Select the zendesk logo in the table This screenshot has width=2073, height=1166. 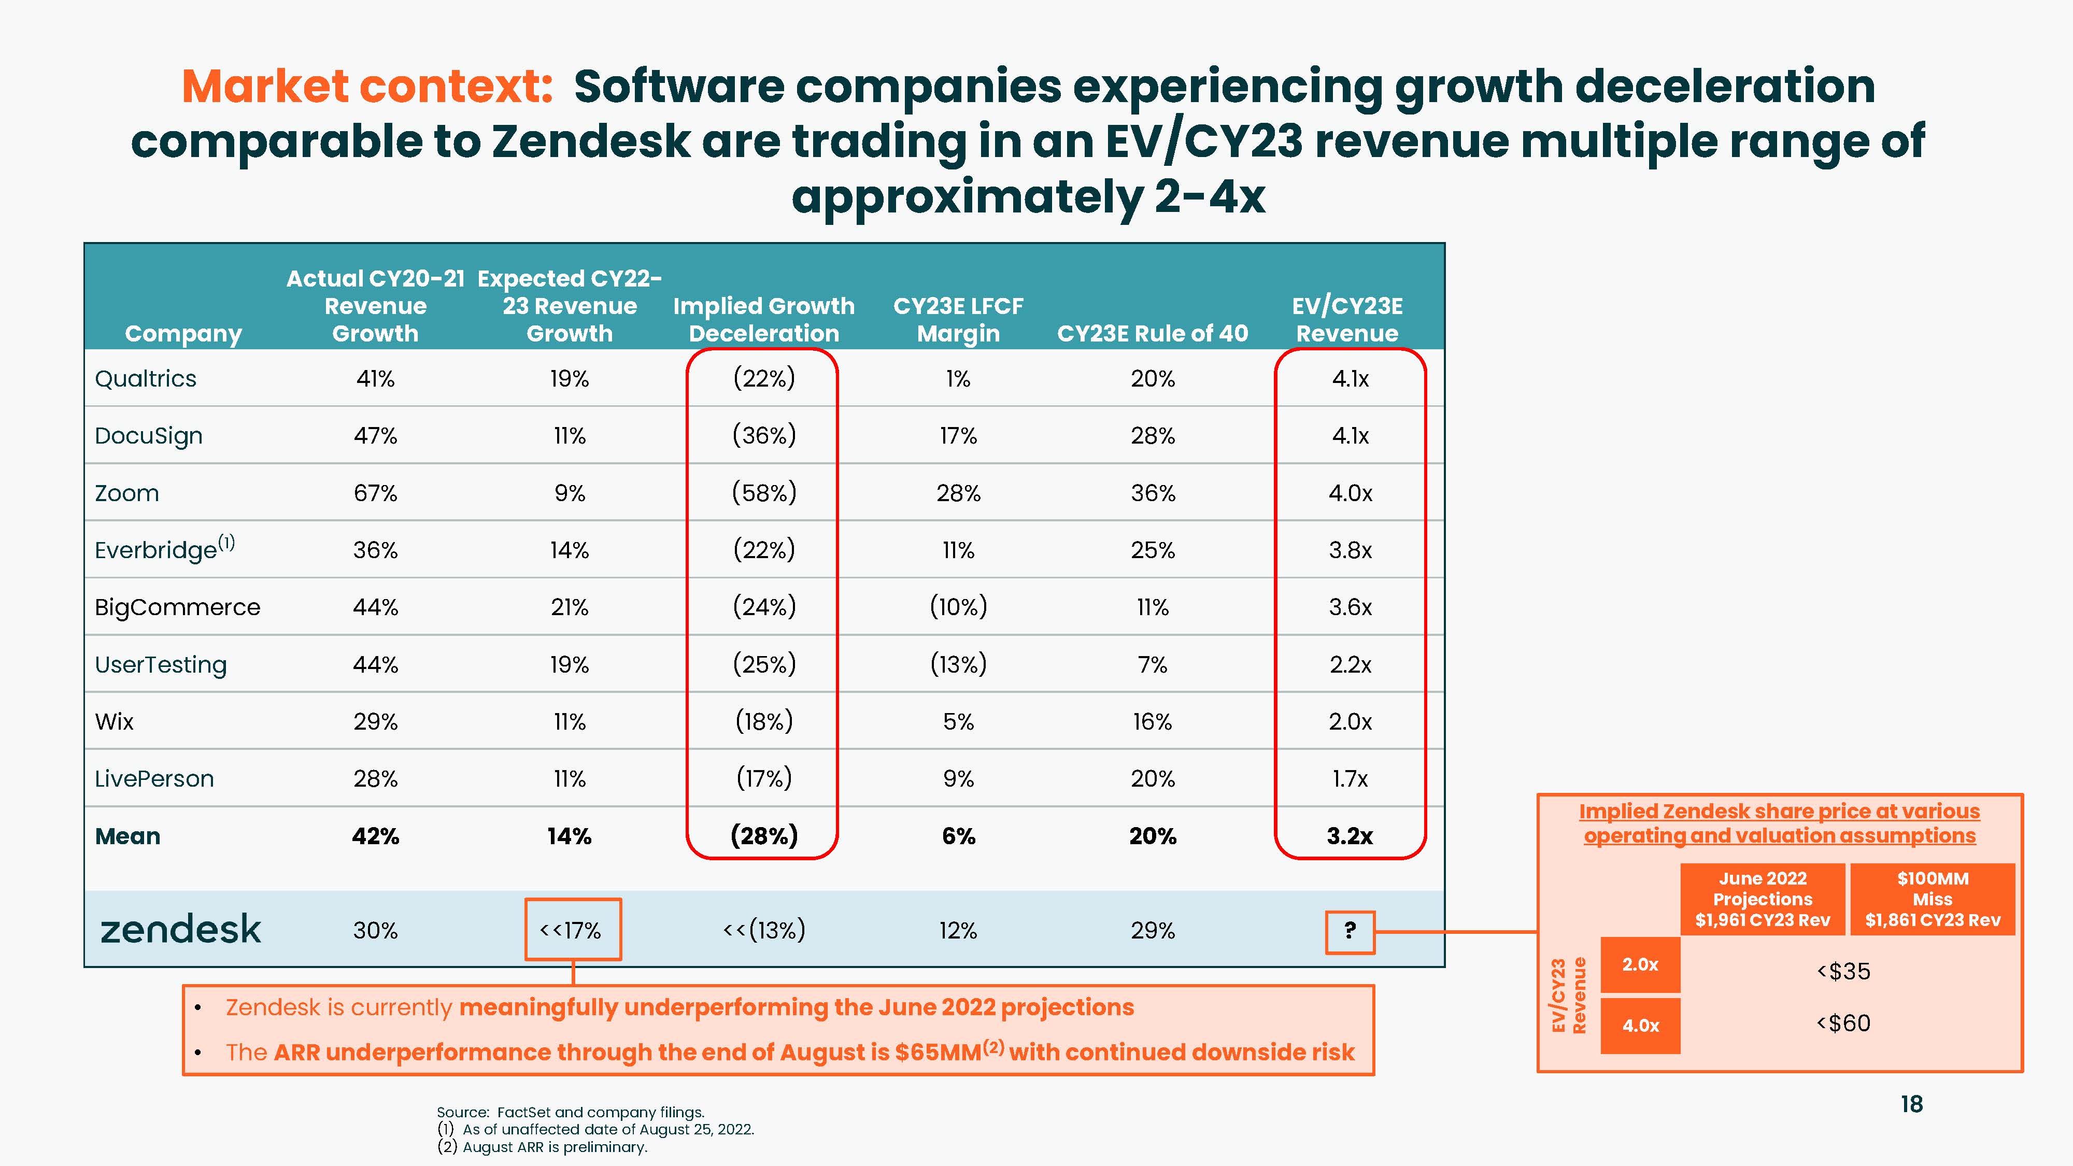point(180,929)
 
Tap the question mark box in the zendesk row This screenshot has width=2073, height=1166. point(1350,931)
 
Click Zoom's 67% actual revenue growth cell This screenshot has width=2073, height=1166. point(375,492)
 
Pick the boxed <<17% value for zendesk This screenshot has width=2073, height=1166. point(572,930)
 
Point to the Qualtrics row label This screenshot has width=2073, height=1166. point(146,378)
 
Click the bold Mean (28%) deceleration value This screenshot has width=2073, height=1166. point(764,836)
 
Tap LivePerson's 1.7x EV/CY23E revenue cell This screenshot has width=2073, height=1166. point(1350,778)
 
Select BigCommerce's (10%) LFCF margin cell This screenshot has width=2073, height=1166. point(958,607)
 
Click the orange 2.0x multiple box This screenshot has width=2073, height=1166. point(1640,964)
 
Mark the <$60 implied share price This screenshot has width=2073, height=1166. point(1843,1023)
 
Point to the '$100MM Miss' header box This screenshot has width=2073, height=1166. point(1932,899)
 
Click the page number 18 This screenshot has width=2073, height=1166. point(1911,1104)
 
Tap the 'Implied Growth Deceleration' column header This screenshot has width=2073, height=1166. point(764,319)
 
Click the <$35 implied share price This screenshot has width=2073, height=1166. point(1843,971)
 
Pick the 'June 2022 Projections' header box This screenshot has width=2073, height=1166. point(1763,899)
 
